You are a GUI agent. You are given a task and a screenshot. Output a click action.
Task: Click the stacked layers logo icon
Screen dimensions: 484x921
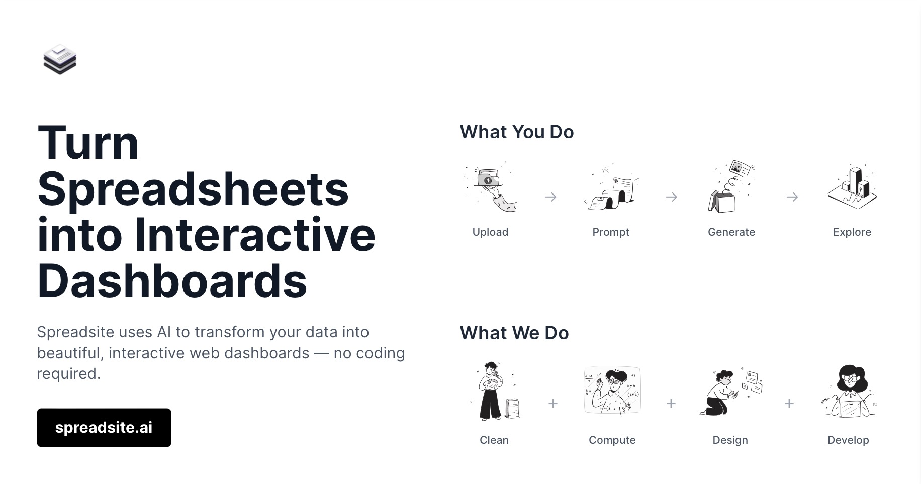click(x=60, y=59)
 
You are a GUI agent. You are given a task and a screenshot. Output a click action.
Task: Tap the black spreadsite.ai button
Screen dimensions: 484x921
click(x=104, y=428)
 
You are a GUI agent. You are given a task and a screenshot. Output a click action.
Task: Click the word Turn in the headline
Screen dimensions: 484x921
click(x=88, y=143)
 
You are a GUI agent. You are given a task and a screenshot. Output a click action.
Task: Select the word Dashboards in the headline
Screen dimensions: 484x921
click(x=172, y=281)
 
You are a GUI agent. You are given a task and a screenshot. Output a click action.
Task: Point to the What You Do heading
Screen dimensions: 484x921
click(x=516, y=132)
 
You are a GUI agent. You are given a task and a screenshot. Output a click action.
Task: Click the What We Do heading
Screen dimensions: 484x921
click(x=514, y=333)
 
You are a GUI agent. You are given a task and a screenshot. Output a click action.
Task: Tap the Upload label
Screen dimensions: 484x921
click(x=490, y=232)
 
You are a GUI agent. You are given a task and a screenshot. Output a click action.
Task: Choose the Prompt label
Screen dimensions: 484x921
click(x=610, y=232)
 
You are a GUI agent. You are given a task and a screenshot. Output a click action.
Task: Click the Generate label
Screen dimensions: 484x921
click(x=731, y=232)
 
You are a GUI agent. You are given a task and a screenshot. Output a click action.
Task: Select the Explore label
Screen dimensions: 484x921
click(x=852, y=232)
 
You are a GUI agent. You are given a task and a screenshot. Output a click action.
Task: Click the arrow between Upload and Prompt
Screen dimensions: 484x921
click(x=550, y=197)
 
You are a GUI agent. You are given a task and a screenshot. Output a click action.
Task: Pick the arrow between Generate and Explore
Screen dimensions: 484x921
click(x=792, y=197)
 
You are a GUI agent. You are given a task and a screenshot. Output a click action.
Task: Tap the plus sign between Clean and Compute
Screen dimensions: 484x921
click(x=552, y=404)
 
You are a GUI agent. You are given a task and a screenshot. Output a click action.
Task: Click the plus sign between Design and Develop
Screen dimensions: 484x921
click(x=789, y=404)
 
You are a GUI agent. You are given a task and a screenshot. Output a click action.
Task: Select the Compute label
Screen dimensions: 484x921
click(x=612, y=440)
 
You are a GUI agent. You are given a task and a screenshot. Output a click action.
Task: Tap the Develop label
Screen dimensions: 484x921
click(x=848, y=440)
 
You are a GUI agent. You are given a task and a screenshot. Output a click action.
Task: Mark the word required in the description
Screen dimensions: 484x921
click(x=68, y=374)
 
